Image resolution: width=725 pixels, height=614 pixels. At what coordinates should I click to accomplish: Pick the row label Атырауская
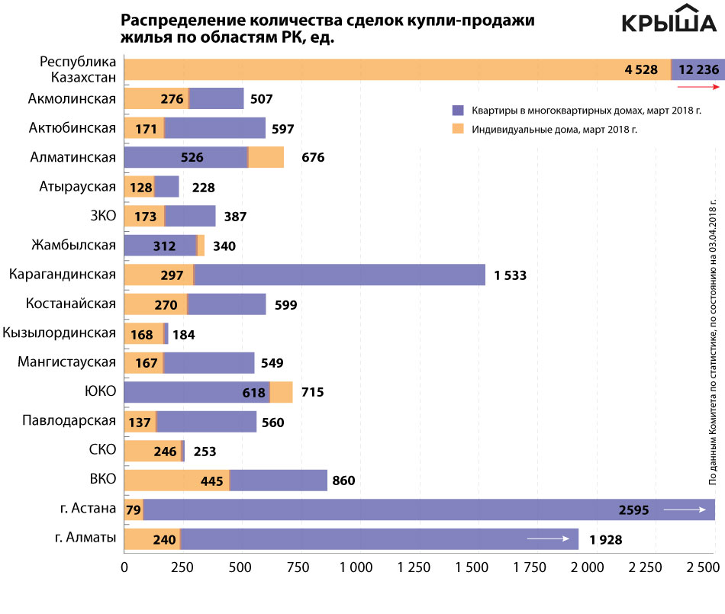(x=78, y=187)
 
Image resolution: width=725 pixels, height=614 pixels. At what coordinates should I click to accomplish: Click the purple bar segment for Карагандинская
(x=340, y=275)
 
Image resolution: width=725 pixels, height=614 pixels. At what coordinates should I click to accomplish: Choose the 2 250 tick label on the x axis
(x=646, y=567)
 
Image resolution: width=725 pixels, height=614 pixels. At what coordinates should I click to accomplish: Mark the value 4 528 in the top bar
(x=641, y=69)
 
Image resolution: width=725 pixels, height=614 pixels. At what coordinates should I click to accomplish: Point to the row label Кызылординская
(x=60, y=333)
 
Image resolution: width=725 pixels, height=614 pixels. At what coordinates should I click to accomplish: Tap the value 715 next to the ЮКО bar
(x=312, y=392)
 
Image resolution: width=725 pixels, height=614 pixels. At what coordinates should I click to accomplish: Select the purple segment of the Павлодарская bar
(x=206, y=422)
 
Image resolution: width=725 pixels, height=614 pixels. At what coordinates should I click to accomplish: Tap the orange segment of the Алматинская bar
(x=266, y=158)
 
